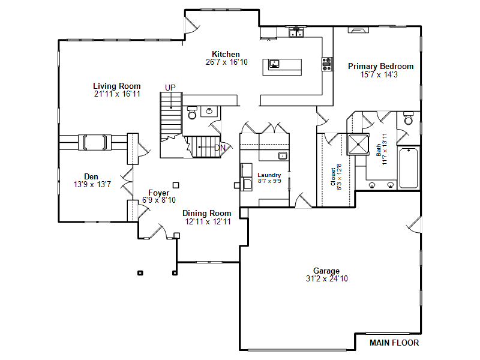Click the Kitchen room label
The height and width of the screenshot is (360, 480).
[x=226, y=54]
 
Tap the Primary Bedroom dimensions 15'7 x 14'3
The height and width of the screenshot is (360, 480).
[x=379, y=74]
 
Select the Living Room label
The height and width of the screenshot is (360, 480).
[x=116, y=86]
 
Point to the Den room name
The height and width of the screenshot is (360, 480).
[x=91, y=176]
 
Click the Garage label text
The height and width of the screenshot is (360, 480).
[x=326, y=271]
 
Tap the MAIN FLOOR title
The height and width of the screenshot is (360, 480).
[x=394, y=343]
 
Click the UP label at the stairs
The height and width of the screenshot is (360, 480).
[x=170, y=88]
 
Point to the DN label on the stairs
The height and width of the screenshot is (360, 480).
[x=220, y=148]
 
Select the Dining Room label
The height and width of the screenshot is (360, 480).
[x=206, y=213]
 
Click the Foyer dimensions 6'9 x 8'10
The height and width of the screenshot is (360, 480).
[x=159, y=200]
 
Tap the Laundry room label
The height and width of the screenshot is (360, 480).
[x=269, y=175]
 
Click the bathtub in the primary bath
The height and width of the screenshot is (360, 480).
[x=409, y=168]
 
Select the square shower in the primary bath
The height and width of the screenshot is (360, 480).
[x=358, y=145]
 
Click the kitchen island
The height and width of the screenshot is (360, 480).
[x=282, y=67]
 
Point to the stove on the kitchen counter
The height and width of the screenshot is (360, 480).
[x=327, y=64]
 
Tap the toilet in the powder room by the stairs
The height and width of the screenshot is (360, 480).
[x=192, y=113]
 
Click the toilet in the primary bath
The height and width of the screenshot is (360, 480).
[x=409, y=118]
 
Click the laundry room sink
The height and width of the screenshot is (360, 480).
[x=283, y=155]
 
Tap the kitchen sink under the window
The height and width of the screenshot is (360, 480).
[x=296, y=32]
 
